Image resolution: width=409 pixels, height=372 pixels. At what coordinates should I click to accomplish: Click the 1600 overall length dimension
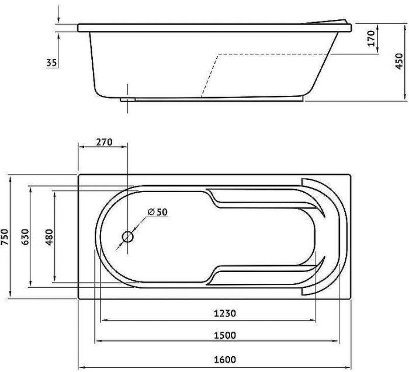[x=225, y=360]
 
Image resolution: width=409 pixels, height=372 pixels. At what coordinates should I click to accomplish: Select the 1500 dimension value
[x=225, y=335]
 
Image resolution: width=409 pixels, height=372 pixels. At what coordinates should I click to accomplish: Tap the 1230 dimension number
[x=225, y=313]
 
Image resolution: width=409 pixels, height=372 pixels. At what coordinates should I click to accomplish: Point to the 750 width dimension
[x=5, y=237]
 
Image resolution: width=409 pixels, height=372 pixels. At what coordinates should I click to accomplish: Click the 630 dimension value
[x=25, y=237]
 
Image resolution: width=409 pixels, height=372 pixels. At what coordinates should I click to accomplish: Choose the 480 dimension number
[x=49, y=237]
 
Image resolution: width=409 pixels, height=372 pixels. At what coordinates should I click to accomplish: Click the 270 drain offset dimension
[x=105, y=142]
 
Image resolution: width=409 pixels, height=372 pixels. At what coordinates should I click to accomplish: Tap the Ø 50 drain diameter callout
[x=158, y=212]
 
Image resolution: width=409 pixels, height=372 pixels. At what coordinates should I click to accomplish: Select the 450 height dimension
[x=399, y=61]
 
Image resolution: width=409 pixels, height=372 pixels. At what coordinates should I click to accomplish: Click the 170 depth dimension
[x=371, y=39]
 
